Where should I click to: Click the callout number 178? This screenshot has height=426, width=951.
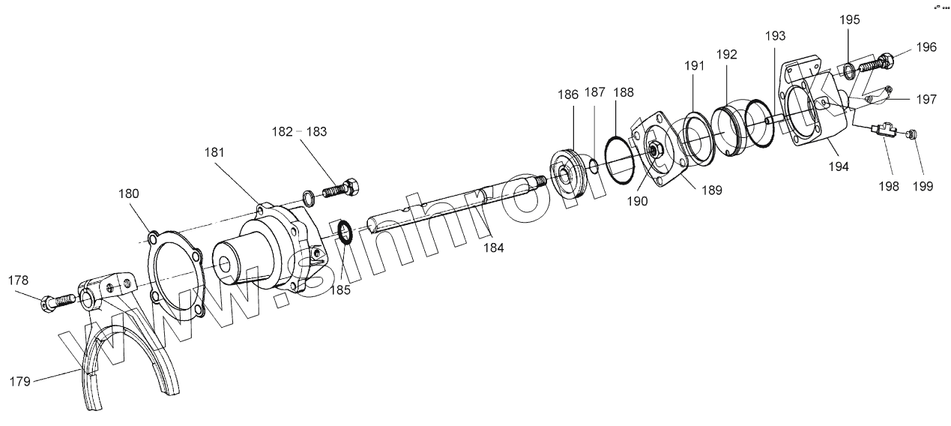click(x=19, y=280)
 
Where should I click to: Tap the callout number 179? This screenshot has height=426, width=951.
click(x=20, y=382)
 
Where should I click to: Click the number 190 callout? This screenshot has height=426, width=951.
click(x=638, y=200)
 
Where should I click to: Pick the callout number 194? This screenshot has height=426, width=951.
click(x=839, y=166)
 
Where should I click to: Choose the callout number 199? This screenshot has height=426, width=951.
click(x=923, y=186)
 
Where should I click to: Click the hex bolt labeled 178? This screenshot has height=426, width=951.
click(x=57, y=301)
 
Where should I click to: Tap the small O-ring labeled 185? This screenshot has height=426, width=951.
click(x=345, y=232)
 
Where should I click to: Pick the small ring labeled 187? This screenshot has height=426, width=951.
click(x=591, y=165)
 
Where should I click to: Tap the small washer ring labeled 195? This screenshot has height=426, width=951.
click(x=847, y=71)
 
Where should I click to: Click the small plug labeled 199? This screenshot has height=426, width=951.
click(x=911, y=134)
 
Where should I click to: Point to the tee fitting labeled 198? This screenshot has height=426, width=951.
click(x=883, y=131)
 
